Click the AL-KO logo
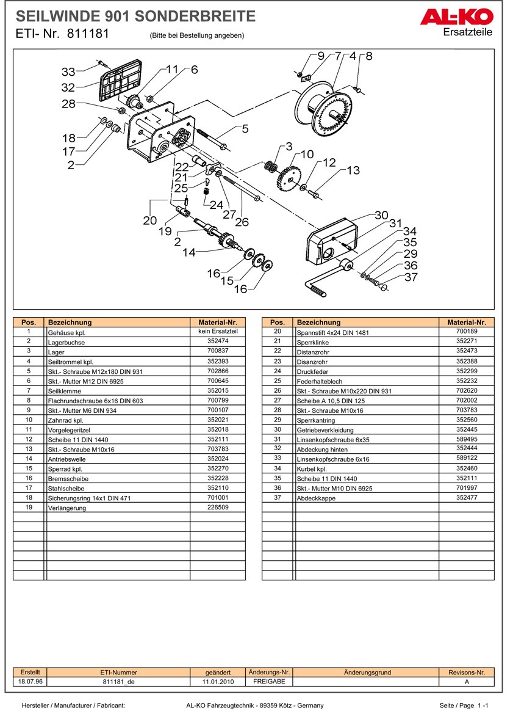tap(456, 16)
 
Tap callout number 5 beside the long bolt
tap(245, 129)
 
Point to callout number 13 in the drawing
tap(353, 170)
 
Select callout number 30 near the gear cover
tap(381, 215)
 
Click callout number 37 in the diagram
tap(411, 277)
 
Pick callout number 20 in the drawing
tap(150, 221)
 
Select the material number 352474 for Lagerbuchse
tap(218, 341)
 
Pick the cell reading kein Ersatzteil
tap(218, 331)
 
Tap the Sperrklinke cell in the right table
tap(313, 342)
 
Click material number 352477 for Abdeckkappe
tap(467, 497)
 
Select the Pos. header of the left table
tap(29, 322)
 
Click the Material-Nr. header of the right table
tap(467, 322)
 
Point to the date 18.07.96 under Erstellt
tap(30, 681)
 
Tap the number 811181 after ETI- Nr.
tap(88, 34)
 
